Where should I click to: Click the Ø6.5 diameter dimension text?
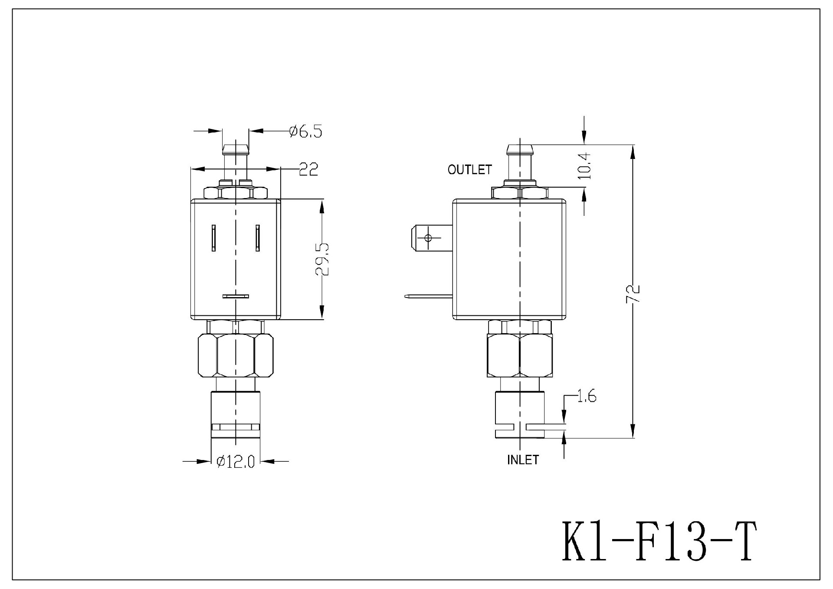pyautogui.click(x=306, y=131)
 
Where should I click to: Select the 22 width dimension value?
pyautogui.click(x=308, y=169)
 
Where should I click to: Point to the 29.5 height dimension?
pyautogui.click(x=322, y=259)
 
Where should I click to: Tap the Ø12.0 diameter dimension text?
pyautogui.click(x=235, y=461)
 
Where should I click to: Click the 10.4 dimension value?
pyautogui.click(x=585, y=165)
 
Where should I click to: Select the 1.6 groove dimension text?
pyautogui.click(x=587, y=397)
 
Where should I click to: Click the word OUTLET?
pyautogui.click(x=470, y=169)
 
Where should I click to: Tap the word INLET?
pyautogui.click(x=523, y=460)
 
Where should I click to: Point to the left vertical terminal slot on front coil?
pyautogui.click(x=214, y=238)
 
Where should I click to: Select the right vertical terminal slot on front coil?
pyautogui.click(x=258, y=238)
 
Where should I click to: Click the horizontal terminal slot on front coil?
pyautogui.click(x=236, y=296)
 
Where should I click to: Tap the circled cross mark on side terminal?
pyautogui.click(x=429, y=238)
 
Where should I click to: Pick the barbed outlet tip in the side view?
pyautogui.click(x=519, y=150)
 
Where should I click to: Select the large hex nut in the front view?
pyautogui.click(x=236, y=355)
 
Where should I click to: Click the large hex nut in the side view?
pyautogui.click(x=519, y=355)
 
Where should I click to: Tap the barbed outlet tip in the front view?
pyautogui.click(x=236, y=151)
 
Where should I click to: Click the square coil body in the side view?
pyautogui.click(x=509, y=259)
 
